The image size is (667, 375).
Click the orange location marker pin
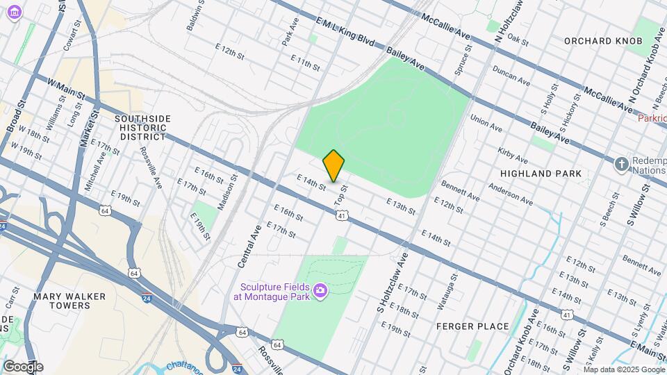coord(334,166)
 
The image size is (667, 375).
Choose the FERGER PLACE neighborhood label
coord(472,326)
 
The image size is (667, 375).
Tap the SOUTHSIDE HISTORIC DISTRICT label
coord(142,128)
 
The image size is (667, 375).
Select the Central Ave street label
coord(249,246)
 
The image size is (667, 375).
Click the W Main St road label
coord(66,88)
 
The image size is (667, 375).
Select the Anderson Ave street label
coord(510,194)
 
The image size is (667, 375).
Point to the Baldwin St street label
coord(195,15)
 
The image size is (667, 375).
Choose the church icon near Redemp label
coord(622,165)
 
